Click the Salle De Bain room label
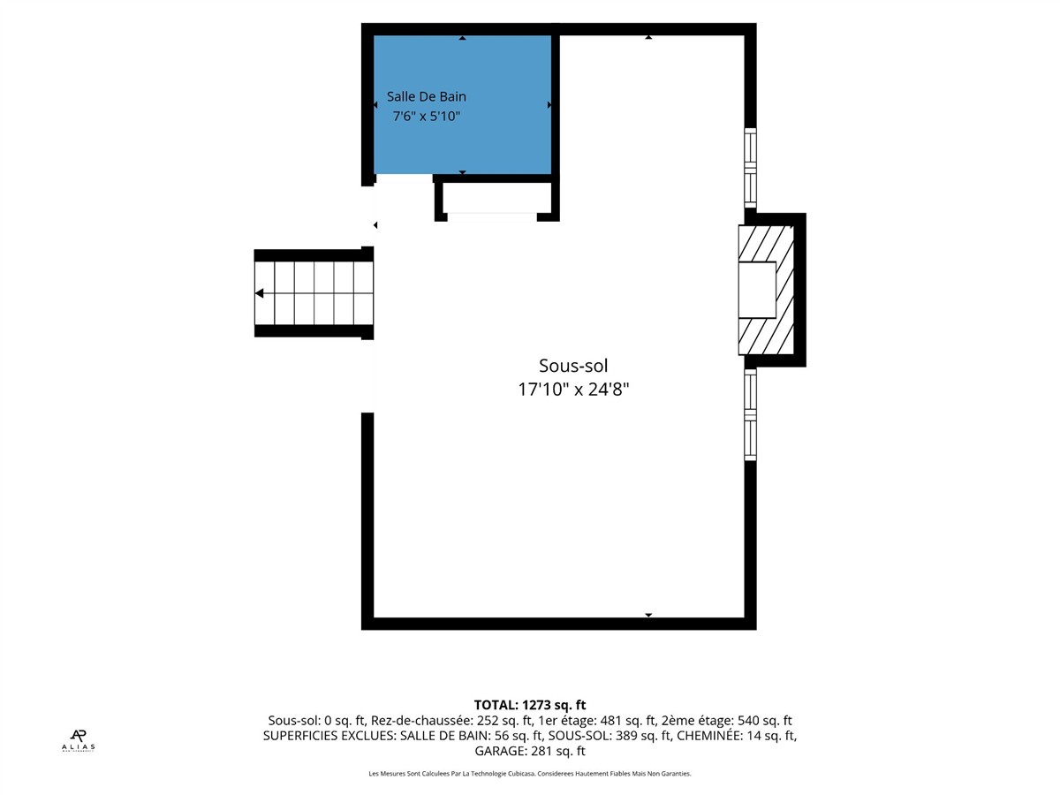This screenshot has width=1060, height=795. [x=427, y=96]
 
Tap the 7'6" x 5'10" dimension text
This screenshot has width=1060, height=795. [x=427, y=117]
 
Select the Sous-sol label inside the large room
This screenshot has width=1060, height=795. [x=573, y=366]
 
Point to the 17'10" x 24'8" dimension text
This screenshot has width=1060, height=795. [x=573, y=389]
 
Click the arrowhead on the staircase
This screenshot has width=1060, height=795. [x=260, y=293]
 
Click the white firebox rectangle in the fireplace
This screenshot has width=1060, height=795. [x=757, y=290]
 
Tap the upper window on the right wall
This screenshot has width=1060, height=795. [x=750, y=168]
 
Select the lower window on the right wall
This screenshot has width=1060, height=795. [x=750, y=414]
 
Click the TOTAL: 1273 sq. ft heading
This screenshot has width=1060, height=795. [x=530, y=705]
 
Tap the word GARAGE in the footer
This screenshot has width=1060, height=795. [x=501, y=751]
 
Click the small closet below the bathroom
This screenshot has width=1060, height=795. [x=497, y=197]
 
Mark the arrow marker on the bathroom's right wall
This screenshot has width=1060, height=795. [x=549, y=105]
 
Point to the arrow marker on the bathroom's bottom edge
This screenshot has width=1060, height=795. [x=462, y=172]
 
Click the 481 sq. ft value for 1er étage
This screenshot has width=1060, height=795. [x=628, y=721]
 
